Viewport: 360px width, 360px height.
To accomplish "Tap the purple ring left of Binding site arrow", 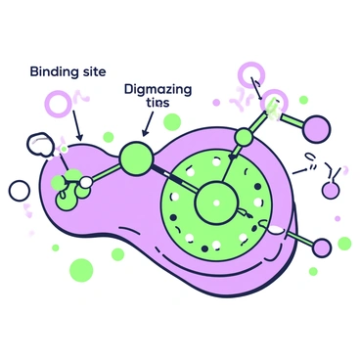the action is tap(62, 103).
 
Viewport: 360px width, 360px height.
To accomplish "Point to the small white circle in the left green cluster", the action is tap(86, 181).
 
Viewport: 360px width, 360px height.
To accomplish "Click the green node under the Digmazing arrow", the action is tap(136, 156).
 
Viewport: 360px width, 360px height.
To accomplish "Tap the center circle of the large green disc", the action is tap(215, 204).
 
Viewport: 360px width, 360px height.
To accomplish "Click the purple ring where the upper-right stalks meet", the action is tap(275, 100).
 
